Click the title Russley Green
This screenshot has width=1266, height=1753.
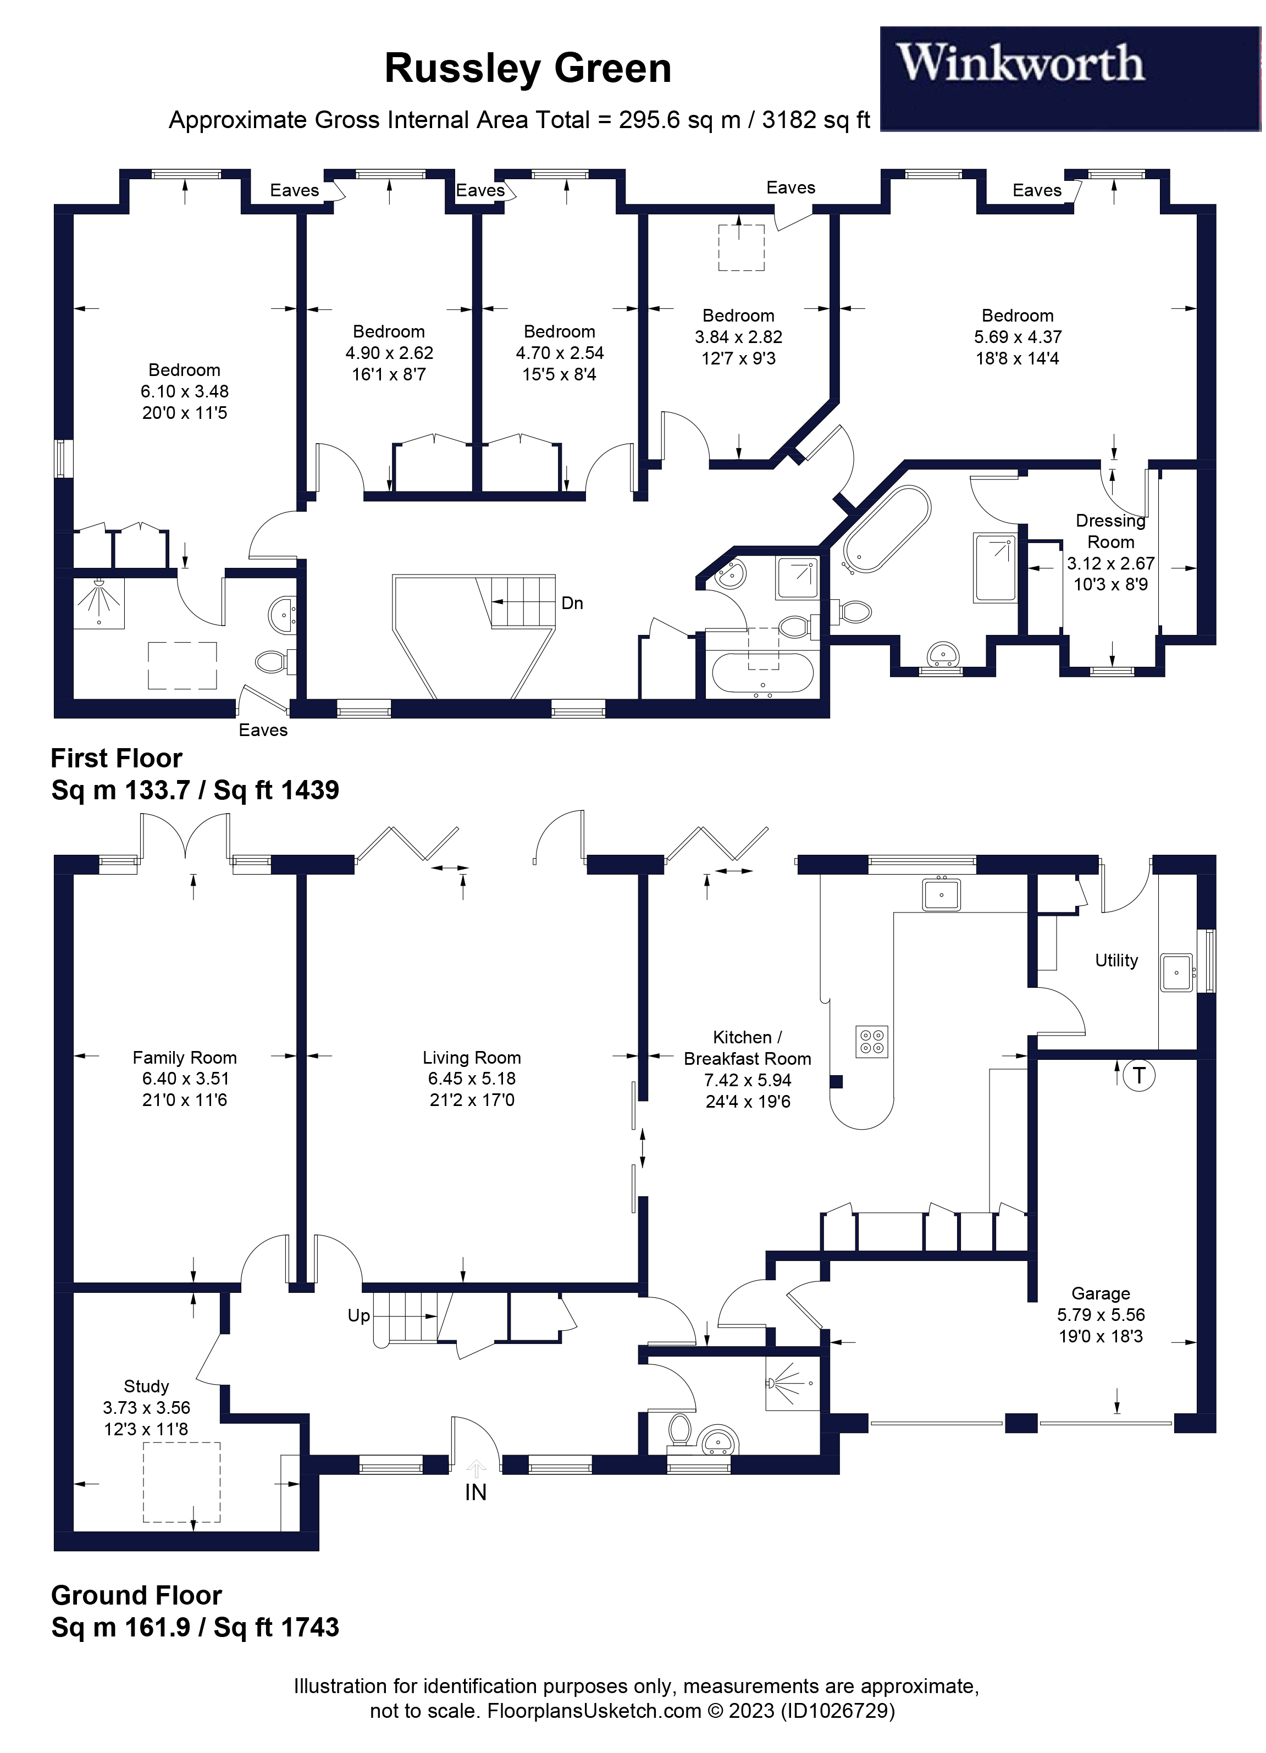click(x=528, y=68)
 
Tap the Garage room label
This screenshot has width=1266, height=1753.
click(x=1101, y=1293)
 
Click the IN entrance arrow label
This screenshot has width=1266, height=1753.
click(x=476, y=1492)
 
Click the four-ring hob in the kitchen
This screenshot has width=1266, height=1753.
click(x=872, y=1041)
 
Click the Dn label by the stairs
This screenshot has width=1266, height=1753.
click(x=572, y=603)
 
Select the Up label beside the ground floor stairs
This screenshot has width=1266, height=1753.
click(x=358, y=1315)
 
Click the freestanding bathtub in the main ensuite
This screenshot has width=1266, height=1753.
click(x=887, y=529)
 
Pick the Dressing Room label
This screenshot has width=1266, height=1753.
click(x=1110, y=531)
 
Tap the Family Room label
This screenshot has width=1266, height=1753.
click(x=184, y=1058)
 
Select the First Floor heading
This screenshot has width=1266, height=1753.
click(x=117, y=757)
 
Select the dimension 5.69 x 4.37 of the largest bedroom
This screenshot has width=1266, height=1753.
click(x=1017, y=337)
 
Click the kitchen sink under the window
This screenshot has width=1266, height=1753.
click(x=941, y=894)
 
